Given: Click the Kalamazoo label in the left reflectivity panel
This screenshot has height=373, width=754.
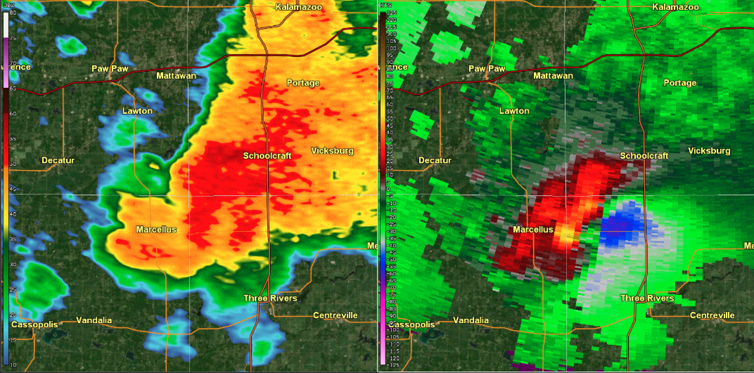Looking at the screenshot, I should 299,7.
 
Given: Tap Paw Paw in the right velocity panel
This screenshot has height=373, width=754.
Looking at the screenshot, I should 487,68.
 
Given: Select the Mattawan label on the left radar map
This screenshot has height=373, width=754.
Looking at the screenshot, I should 176,76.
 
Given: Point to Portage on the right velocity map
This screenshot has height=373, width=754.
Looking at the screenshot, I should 680,83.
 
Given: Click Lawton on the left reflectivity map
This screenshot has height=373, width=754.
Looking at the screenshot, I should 137,111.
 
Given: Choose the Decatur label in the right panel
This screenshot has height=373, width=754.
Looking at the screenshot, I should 435,160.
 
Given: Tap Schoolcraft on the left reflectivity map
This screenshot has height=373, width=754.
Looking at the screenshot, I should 267,156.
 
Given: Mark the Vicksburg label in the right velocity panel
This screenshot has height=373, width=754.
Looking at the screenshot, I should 709,151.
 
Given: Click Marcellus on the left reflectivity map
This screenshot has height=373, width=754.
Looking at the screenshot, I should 156,229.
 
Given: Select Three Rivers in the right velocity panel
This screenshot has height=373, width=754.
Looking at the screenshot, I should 647,298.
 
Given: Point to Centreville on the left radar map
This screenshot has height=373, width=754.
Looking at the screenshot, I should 335,315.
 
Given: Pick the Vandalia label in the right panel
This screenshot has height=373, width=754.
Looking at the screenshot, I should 471,320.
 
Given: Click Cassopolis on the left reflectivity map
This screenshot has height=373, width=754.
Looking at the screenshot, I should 34,324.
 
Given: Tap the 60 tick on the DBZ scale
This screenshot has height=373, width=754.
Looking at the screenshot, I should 13,114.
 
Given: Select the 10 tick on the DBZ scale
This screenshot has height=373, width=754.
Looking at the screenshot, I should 13,365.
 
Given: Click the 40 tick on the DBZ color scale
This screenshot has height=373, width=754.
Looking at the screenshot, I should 13,214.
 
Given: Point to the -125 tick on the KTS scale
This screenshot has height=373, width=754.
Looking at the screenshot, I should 391,365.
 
